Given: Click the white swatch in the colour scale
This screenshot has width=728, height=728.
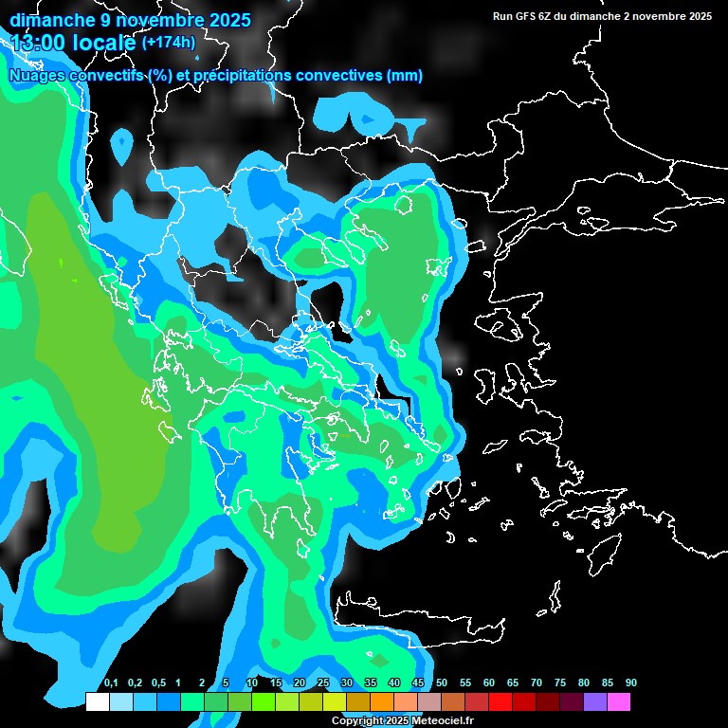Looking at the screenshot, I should pos(97,701).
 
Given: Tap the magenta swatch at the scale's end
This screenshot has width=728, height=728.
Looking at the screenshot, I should pos(618,701).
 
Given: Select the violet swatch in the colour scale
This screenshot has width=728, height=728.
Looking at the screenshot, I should pos(594,701).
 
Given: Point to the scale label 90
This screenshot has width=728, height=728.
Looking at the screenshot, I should pos(631,683).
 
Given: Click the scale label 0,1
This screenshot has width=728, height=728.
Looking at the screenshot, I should pos(110,683).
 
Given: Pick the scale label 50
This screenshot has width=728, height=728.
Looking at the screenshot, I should pos(442,683).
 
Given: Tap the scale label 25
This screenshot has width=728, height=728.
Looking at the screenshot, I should pos(323,683).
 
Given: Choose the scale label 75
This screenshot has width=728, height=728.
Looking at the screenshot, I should pos(560,683).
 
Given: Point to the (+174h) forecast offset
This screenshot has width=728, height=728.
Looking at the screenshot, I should pos(170,43).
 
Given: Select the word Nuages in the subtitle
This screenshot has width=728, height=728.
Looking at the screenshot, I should pos(35,75).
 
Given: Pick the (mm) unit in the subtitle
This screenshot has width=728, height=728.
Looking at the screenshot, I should pos(405,75).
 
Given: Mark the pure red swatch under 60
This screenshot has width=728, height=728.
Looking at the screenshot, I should pos(500,701).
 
